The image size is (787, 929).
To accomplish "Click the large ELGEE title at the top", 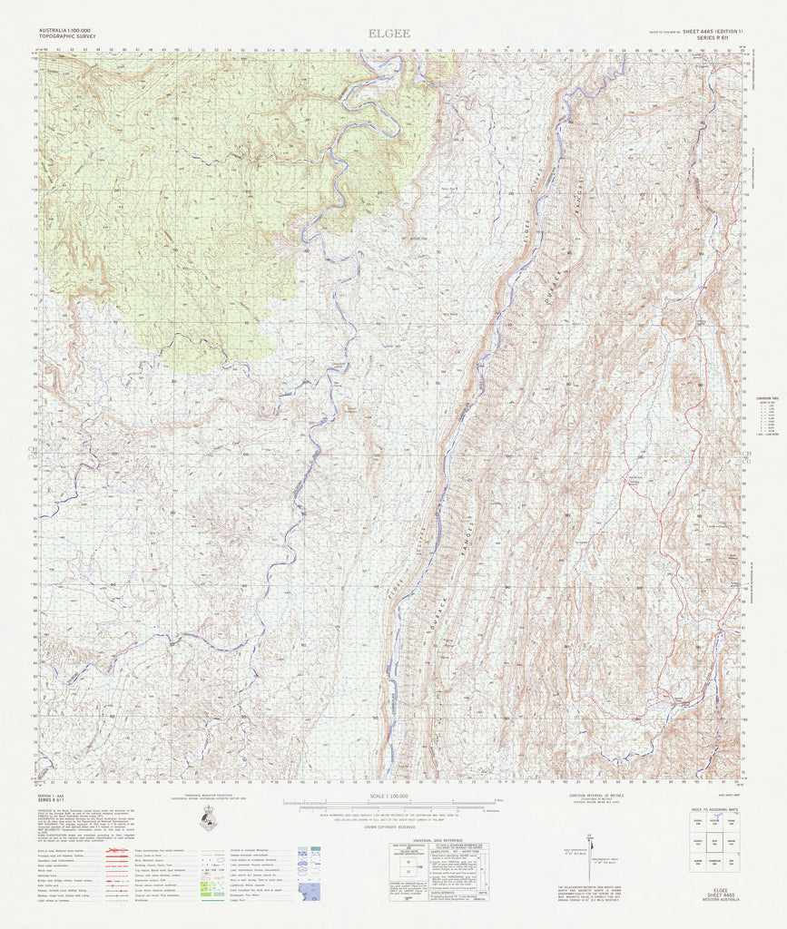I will (x=389, y=34).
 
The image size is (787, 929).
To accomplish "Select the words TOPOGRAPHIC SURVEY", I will (x=68, y=38).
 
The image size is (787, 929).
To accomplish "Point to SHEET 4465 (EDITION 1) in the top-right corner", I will (x=706, y=32).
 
